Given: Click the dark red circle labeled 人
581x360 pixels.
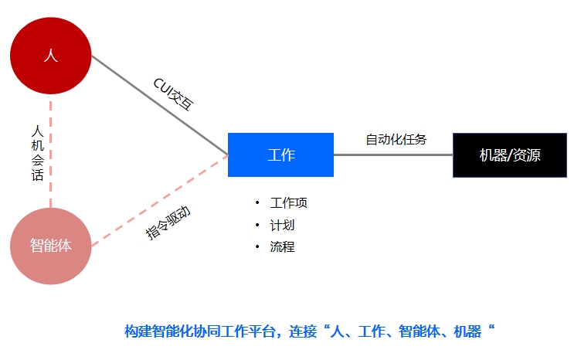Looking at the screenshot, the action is pos(51,56).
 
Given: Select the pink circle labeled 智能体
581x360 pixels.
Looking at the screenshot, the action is pos(51,246).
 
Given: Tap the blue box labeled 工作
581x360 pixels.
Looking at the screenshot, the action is pos(281,155).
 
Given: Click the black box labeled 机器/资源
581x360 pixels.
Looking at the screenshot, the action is pos(510,155).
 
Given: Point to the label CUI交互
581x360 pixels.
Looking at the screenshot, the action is pos(174,94).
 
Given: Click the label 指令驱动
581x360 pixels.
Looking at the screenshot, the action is pos(168,222).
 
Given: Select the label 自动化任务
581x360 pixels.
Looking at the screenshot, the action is pos(396,140).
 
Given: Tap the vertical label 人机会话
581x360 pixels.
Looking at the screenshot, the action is pos(37,153).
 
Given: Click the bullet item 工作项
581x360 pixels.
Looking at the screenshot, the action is pos(289,203).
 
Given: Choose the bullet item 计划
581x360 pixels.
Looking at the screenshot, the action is pos(282,225).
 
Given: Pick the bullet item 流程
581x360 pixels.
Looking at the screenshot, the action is pos(282,246).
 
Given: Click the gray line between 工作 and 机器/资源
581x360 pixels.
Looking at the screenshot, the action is pos(393,155).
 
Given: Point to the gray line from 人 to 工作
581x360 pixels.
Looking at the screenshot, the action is pos(160,105).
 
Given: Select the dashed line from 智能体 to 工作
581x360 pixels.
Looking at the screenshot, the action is pos(160,200).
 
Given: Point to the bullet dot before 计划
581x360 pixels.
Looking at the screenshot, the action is pos(257,225).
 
